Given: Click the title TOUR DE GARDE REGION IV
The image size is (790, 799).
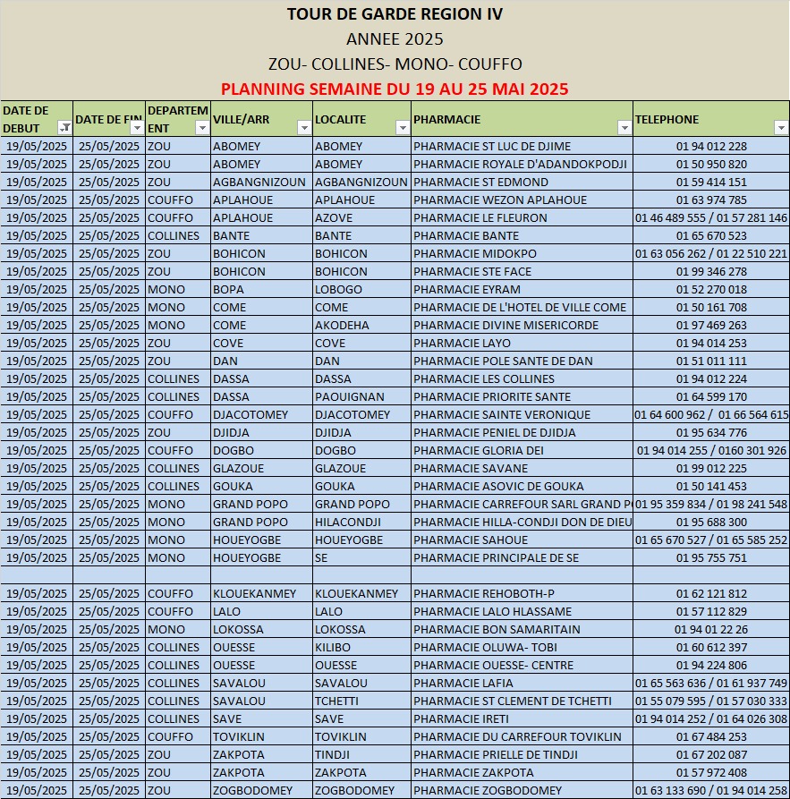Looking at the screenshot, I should pos(395,14).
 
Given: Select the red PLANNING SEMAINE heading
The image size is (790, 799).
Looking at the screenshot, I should pos(395,89).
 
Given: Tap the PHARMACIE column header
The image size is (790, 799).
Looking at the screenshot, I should pos(447,119).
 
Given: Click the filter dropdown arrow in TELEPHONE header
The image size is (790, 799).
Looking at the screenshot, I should pos(780,128).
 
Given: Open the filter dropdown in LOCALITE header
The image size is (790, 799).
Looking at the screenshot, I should pos(402,128).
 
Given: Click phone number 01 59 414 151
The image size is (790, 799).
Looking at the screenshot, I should pos(711,183).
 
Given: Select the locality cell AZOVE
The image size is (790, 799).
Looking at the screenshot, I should pos(334,218).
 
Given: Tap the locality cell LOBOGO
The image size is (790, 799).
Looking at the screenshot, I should pos(338,290).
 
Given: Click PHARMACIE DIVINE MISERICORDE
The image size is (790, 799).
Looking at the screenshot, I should pos(506,326).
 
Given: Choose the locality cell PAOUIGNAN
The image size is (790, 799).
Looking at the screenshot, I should pos(350,397).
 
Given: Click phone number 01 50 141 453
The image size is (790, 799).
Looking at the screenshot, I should pos(711,487).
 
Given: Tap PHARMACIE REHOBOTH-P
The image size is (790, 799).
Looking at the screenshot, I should pos(484,594).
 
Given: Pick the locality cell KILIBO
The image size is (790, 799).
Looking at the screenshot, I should pos(333,648).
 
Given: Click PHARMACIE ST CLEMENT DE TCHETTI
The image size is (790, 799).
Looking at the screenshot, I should pos(513,701).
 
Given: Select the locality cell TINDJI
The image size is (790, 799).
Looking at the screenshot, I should pos(332,755).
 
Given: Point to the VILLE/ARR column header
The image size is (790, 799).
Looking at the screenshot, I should pos(242,119).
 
